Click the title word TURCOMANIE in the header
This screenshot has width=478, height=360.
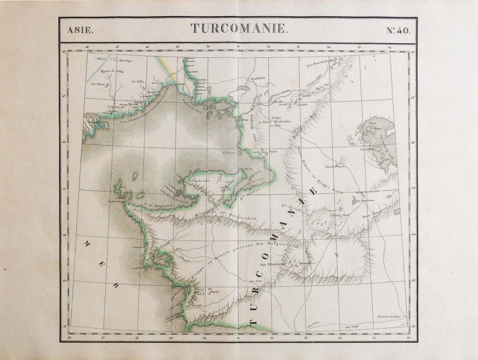pyautogui.click(x=239, y=28)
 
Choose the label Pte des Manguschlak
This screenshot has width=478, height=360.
pyautogui.click(x=154, y=207)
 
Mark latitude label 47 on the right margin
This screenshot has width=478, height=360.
pyautogui.click(x=413, y=97)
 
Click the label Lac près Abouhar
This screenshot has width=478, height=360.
pyautogui.click(x=279, y=95)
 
